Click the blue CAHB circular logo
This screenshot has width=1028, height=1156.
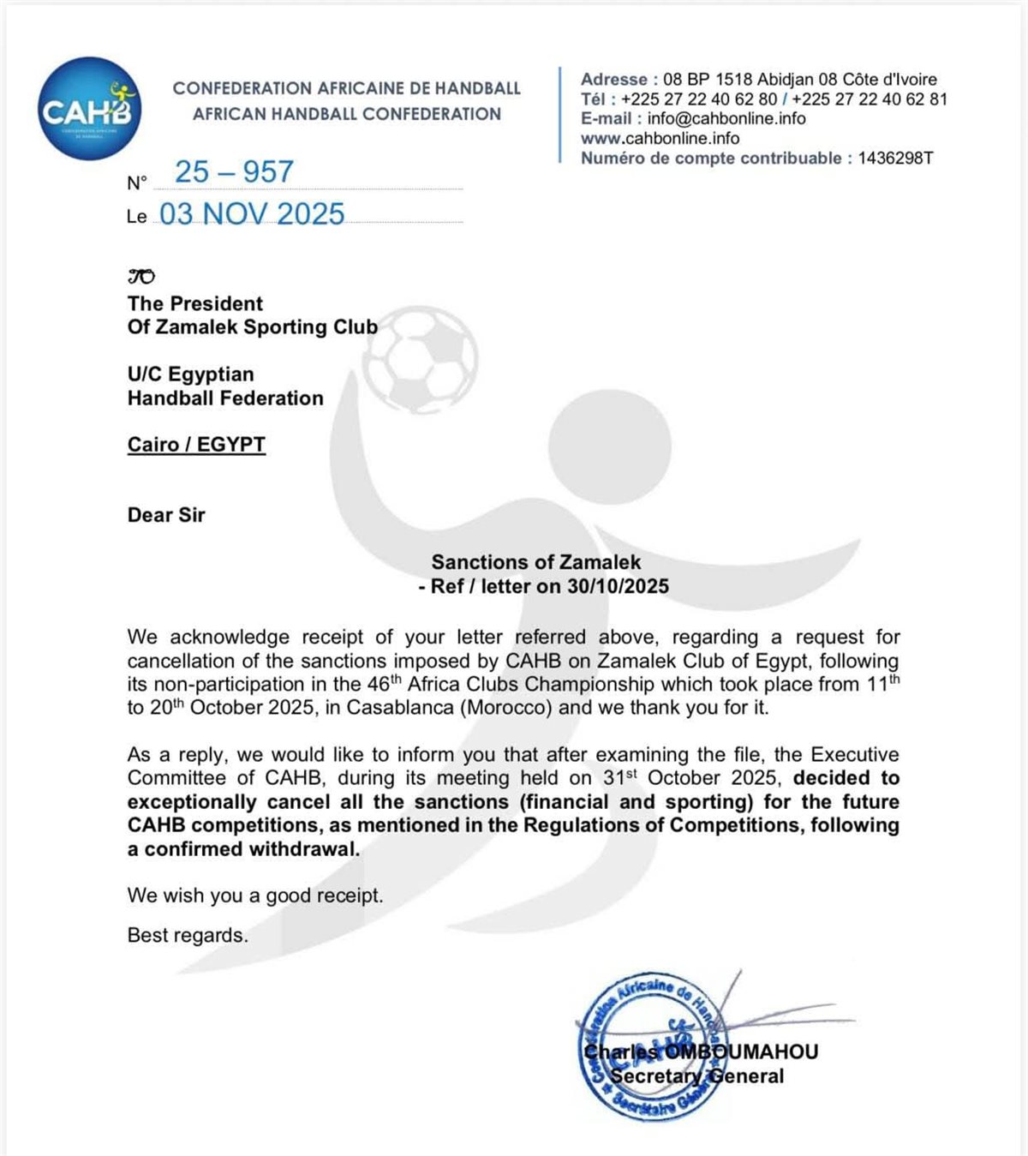[89, 109]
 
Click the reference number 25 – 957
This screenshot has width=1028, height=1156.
[234, 172]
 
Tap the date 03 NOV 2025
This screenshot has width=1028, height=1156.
[252, 214]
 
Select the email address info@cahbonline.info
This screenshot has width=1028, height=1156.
[726, 118]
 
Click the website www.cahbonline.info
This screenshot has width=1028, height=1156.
[660, 138]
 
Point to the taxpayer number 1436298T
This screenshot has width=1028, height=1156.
[895, 158]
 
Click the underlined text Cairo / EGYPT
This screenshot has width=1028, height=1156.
[196, 445]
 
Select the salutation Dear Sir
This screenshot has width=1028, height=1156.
[166, 515]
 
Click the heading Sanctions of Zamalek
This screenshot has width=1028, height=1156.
[535, 562]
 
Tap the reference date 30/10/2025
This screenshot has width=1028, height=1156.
[618, 586]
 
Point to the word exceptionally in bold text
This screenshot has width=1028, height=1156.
[191, 802]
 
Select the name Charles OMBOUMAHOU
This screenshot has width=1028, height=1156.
[701, 1051]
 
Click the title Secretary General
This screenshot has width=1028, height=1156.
[696, 1076]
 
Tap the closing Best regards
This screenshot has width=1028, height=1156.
[188, 935]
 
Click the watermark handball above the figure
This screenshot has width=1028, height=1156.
[421, 355]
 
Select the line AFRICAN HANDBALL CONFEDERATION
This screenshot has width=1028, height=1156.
[346, 114]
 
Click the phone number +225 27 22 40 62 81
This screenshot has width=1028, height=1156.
[870, 99]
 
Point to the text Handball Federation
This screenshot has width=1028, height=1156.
[225, 398]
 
